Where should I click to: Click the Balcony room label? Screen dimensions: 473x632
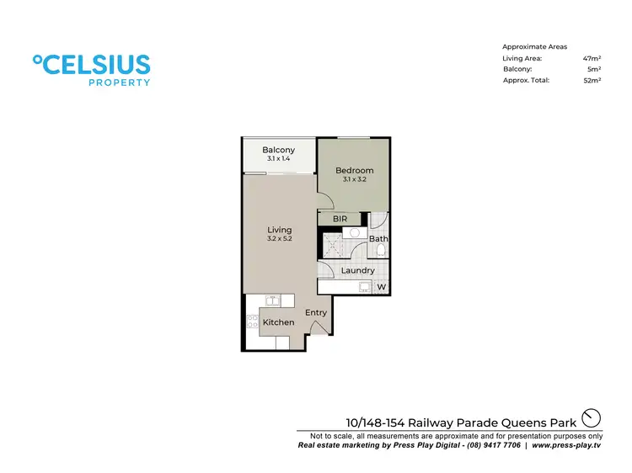click(x=278, y=151)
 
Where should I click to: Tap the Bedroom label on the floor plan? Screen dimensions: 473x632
click(x=354, y=171)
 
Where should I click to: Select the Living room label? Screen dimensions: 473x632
click(x=279, y=230)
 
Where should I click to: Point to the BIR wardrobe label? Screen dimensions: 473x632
click(x=340, y=219)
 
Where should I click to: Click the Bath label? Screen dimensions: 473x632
click(x=378, y=239)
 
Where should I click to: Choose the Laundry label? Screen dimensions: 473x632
click(x=357, y=270)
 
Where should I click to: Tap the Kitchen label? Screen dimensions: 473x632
click(x=278, y=322)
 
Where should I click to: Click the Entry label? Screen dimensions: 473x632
click(x=316, y=312)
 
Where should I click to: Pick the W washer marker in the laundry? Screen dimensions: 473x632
click(x=381, y=288)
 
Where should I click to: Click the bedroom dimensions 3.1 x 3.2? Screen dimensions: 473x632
click(x=354, y=179)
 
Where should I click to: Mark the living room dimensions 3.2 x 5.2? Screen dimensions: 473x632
click(x=279, y=239)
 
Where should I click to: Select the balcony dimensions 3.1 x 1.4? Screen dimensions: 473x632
click(x=278, y=159)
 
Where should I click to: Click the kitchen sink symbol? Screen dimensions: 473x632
click(x=273, y=300)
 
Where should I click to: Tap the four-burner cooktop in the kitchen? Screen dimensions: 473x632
click(x=251, y=321)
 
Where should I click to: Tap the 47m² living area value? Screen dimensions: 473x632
click(x=591, y=58)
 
